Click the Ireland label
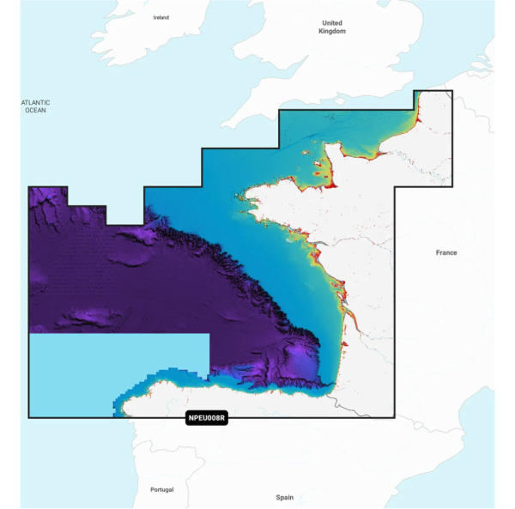coord(161,17)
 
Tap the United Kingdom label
coord(331,27)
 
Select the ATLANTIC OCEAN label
coord(36,106)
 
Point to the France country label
coord(446,252)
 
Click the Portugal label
coord(161,489)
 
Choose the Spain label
coord(284,497)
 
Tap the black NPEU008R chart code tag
coord(205,419)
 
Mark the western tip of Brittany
coord(244,204)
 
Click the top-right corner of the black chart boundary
coord(452,91)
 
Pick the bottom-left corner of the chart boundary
coord(29,417)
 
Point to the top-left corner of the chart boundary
coord(29,187)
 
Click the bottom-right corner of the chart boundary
coord(395,417)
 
